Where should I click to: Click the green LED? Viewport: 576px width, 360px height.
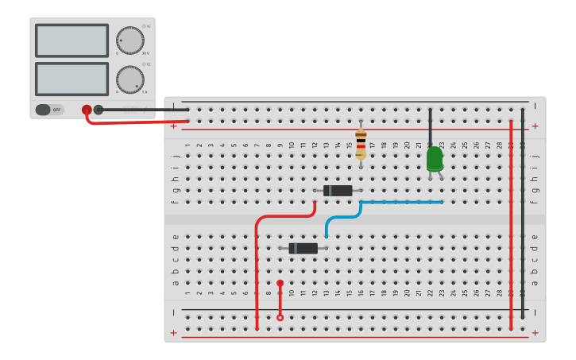(435, 159)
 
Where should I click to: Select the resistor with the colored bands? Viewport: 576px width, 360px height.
(361, 144)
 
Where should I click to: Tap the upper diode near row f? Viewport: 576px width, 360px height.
(338, 191)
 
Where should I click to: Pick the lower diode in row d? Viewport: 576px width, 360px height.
(303, 249)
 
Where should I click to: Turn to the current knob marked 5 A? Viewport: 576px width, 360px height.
(130, 79)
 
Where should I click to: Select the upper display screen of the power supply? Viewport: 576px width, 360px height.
(72, 40)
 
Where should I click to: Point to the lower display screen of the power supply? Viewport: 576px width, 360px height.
(72, 79)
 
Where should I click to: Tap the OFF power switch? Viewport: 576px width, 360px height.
(48, 110)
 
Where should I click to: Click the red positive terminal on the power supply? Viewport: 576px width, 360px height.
(87, 110)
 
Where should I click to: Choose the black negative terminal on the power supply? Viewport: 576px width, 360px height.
(99, 110)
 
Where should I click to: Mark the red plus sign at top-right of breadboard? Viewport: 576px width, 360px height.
(535, 126)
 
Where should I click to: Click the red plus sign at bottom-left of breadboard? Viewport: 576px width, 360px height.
(173, 332)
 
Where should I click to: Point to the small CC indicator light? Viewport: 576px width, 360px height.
(145, 64)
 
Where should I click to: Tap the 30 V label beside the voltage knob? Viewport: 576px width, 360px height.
(145, 53)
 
